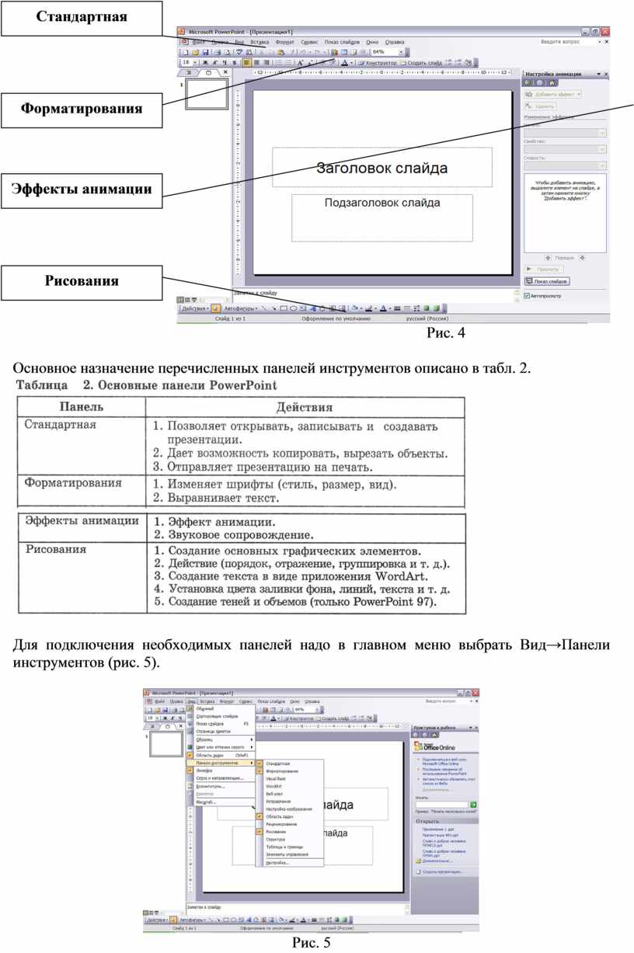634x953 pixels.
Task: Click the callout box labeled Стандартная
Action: click(82, 18)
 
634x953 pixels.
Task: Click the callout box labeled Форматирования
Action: click(82, 109)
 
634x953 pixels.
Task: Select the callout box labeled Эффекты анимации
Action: click(82, 189)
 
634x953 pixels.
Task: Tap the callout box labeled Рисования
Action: click(82, 281)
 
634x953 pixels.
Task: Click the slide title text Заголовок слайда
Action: click(381, 167)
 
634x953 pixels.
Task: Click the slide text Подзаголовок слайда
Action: click(381, 203)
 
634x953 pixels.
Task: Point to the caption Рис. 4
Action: click(445, 334)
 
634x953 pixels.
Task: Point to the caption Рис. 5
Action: click(311, 942)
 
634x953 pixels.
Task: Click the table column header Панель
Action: click(82, 406)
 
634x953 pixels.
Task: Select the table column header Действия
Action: click(304, 406)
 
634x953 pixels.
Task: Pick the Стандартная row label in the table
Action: click(60, 424)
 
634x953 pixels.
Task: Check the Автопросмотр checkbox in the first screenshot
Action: click(528, 295)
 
